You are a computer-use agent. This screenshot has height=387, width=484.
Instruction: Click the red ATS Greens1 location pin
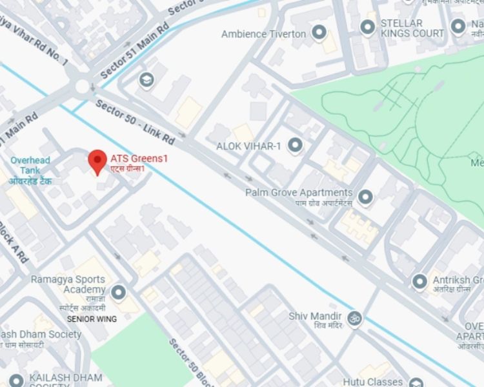[x=97, y=161]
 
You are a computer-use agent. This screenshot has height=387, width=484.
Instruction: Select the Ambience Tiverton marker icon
[x=318, y=32]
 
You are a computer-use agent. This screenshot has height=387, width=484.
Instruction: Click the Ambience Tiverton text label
[x=263, y=34]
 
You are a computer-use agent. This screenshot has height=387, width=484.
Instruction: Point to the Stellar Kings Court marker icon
[x=367, y=27]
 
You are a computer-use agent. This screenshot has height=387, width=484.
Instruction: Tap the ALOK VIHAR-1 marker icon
[x=296, y=145]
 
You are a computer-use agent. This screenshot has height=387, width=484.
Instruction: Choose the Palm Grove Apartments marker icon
[x=366, y=196]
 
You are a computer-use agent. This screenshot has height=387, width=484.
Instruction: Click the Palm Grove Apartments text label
[x=299, y=192]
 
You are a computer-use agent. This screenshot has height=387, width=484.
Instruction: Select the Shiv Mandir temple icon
[x=354, y=317]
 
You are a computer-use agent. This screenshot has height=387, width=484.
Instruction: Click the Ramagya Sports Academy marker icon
[x=117, y=293]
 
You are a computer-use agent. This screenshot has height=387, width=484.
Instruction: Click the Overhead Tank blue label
[x=31, y=165]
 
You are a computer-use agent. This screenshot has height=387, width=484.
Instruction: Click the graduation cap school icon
[x=146, y=79]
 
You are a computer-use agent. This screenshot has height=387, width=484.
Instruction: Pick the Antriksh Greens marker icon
[x=419, y=281]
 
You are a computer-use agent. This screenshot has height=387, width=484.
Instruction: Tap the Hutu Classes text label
[x=372, y=382]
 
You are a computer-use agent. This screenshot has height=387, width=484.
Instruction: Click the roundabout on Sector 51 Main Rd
[x=83, y=86]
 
